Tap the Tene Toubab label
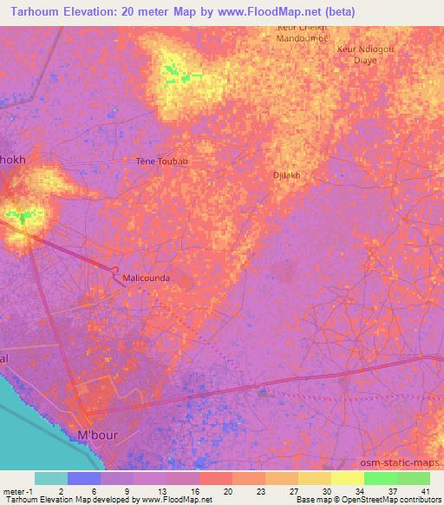pyautogui.click(x=161, y=161)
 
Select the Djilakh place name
pyautogui.click(x=286, y=174)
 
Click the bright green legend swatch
pyautogui.click(x=381, y=478)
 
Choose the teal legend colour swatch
pyautogui.click(x=51, y=478)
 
